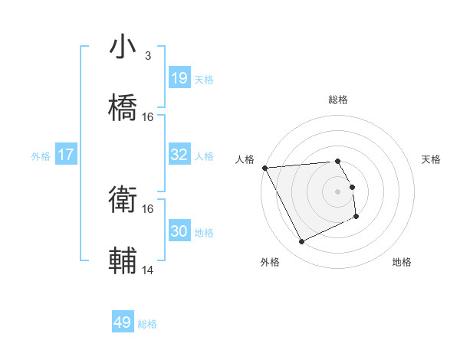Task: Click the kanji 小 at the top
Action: [x=123, y=47]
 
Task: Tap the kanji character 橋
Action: [x=123, y=106]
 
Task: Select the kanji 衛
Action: [x=123, y=201]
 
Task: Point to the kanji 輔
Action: [x=123, y=260]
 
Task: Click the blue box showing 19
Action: [x=179, y=78]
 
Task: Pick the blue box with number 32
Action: [x=179, y=155]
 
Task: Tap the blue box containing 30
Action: [x=179, y=231]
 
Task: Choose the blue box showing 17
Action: [x=66, y=155]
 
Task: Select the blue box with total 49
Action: [x=123, y=322]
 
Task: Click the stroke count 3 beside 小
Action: [x=147, y=56]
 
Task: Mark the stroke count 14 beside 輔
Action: [x=148, y=270]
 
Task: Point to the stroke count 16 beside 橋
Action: [x=148, y=116]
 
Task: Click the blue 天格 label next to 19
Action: [x=204, y=79]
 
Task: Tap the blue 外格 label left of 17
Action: [x=41, y=155]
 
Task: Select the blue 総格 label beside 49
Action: [x=148, y=323]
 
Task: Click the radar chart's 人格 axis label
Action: [x=245, y=159]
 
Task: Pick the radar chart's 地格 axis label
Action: [x=402, y=262]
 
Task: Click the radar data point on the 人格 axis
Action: [x=264, y=168]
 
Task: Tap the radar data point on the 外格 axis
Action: [x=301, y=242]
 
